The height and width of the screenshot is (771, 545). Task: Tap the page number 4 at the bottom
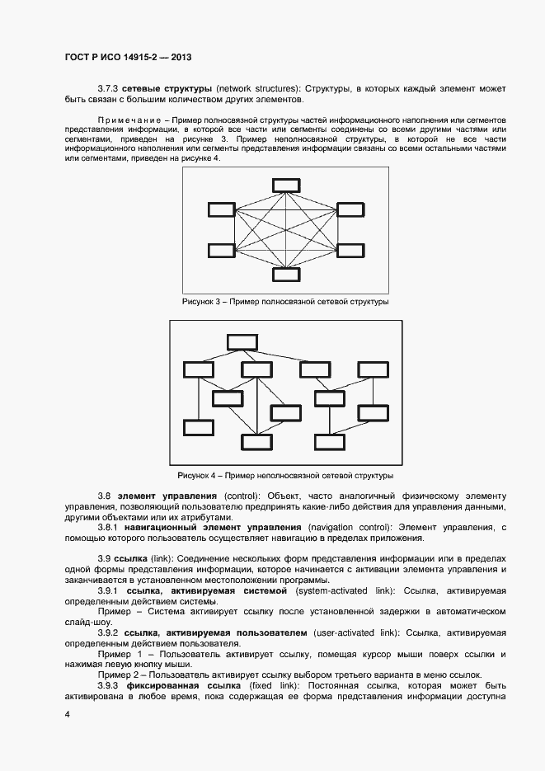click(67, 714)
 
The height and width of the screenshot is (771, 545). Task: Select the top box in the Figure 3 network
click(289, 185)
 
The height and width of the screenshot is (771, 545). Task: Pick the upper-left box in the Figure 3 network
click(222, 209)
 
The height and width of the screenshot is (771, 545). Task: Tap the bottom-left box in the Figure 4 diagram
click(199, 427)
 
